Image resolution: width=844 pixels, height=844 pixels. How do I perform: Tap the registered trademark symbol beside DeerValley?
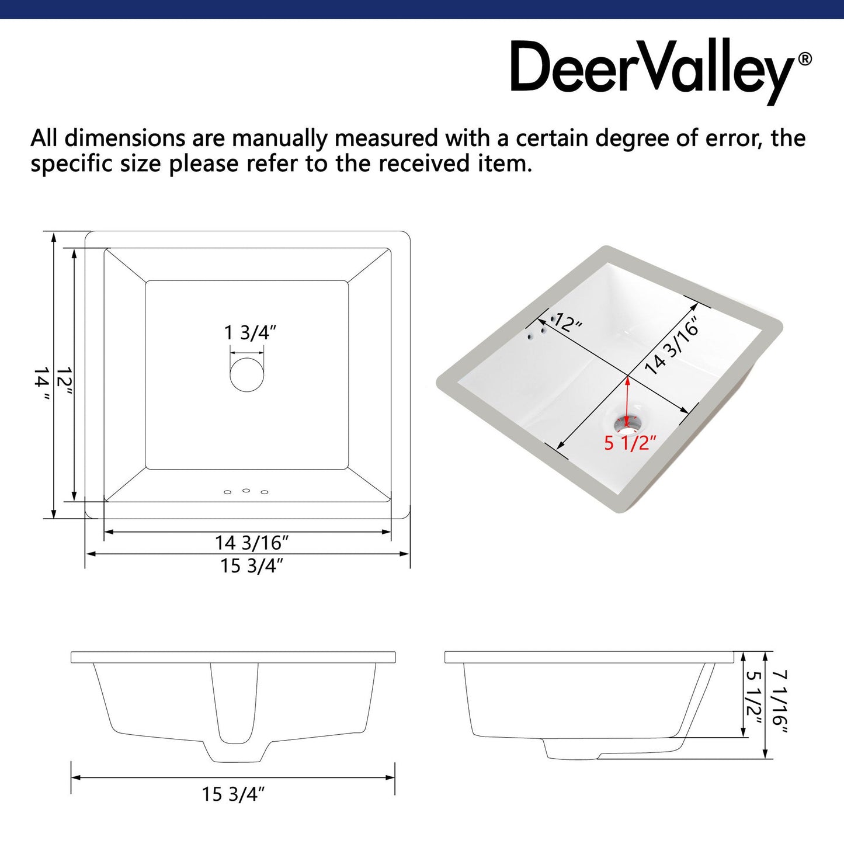(x=804, y=59)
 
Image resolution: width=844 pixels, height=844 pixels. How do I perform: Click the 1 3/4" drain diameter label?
(x=249, y=333)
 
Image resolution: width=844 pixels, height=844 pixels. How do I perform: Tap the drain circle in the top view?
(x=247, y=374)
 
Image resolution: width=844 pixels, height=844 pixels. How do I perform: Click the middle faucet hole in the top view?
(x=246, y=490)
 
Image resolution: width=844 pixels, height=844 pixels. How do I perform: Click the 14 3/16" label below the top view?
(x=251, y=543)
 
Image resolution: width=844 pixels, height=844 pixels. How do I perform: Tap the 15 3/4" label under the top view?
(x=251, y=565)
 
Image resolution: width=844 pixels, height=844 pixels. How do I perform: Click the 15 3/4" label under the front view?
(x=233, y=794)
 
